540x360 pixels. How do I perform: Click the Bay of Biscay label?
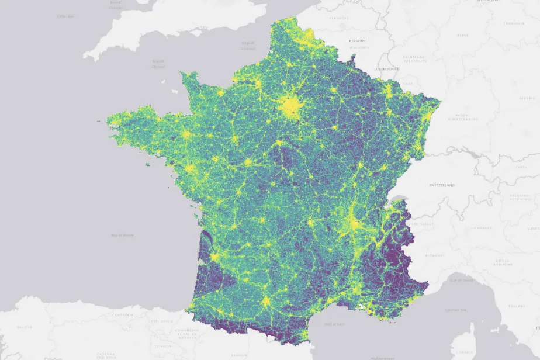[123, 235]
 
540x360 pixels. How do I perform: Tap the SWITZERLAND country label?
[442, 185]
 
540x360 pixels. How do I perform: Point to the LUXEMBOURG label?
[387, 69]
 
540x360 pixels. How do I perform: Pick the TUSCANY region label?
[518, 306]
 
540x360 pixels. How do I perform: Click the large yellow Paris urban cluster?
[290, 107]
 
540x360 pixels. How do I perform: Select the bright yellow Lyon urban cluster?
[352, 222]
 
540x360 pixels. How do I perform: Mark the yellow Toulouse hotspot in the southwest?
[266, 302]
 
